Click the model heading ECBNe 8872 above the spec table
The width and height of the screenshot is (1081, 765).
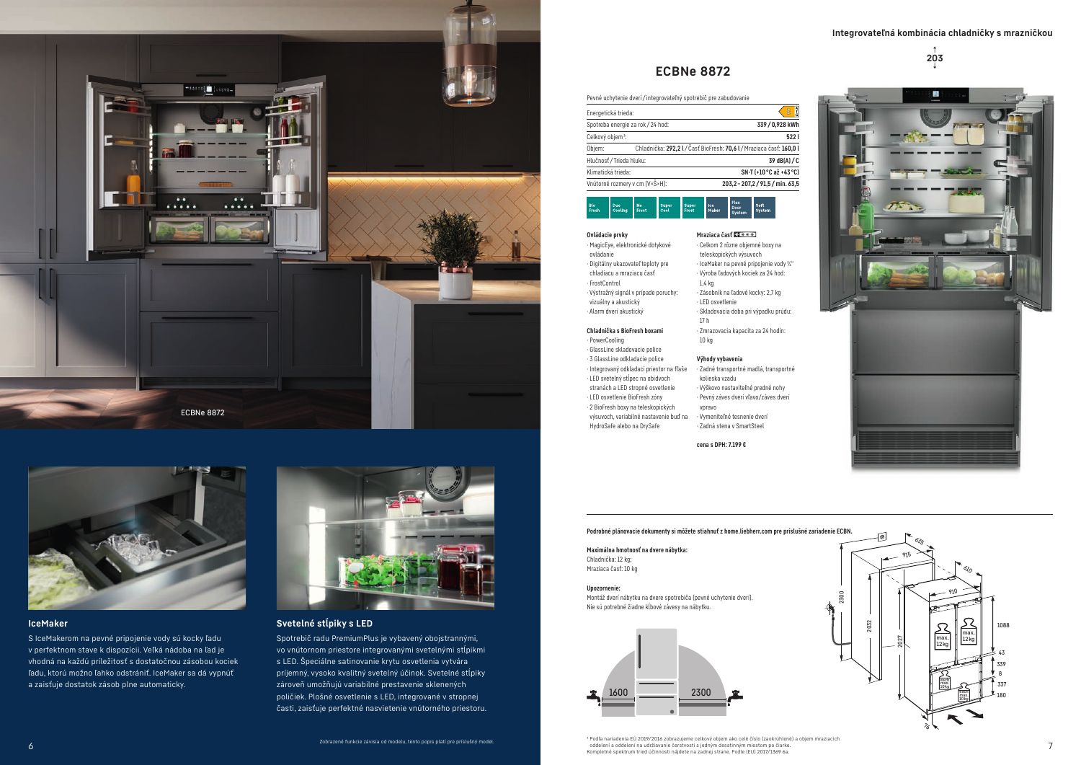tap(693, 71)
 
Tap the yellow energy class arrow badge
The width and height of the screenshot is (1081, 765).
tap(788, 112)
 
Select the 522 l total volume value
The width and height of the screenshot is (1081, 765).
tap(792, 136)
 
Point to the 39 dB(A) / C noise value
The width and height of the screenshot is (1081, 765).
tap(783, 161)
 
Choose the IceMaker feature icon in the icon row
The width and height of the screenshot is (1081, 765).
tap(716, 208)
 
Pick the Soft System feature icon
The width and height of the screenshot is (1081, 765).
tap(764, 208)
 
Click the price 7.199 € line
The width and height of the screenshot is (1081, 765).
tap(721, 444)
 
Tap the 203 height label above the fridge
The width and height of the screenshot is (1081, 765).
tap(935, 58)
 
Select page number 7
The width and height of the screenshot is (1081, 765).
tap(1050, 746)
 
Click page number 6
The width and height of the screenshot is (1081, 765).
tap(31, 746)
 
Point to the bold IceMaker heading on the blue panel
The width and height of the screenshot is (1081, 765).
tap(48, 623)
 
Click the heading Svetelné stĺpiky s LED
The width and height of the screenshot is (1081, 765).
tap(324, 623)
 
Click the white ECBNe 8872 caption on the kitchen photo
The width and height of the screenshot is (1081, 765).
tap(203, 412)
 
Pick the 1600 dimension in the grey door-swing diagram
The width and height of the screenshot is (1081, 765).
tap(618, 692)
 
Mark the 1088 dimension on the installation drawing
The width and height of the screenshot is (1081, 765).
tap(1003, 624)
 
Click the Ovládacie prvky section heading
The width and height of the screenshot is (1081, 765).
tap(608, 235)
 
